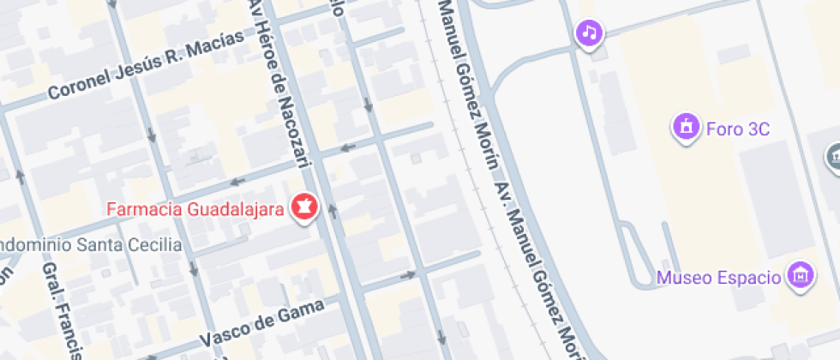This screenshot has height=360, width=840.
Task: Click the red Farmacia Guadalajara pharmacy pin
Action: point(304,208)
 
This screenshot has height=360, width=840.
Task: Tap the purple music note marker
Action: point(589,33)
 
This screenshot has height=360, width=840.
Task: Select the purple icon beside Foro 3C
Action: point(686,129)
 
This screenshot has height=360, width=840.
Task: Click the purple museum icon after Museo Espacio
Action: point(801,276)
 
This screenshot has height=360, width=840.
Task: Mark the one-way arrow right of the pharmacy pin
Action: point(332,207)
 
